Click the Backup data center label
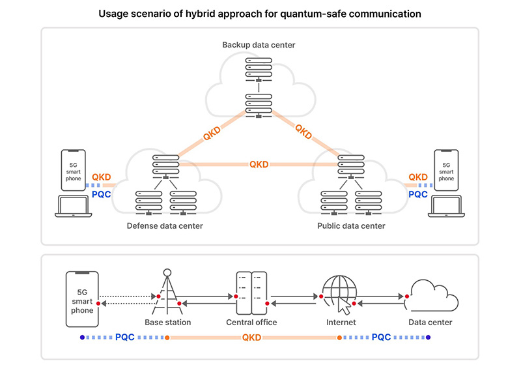tap(259, 45)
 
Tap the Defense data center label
tap(165, 226)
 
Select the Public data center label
tap(351, 226)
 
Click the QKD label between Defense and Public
tap(259, 164)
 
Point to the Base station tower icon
tap(167, 292)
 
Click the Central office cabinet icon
tap(251, 293)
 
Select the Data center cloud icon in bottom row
tap(431, 296)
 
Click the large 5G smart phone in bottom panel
tap(82, 299)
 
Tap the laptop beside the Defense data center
tap(74, 207)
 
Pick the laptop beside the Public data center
tap(446, 207)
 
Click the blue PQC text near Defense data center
tap(102, 194)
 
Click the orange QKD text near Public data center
tap(418, 177)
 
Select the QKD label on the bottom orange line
tap(251, 338)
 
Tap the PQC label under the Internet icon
tap(381, 338)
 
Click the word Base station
tap(168, 323)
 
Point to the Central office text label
tap(251, 323)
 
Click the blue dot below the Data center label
tap(429, 338)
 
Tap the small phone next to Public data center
tap(446, 170)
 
